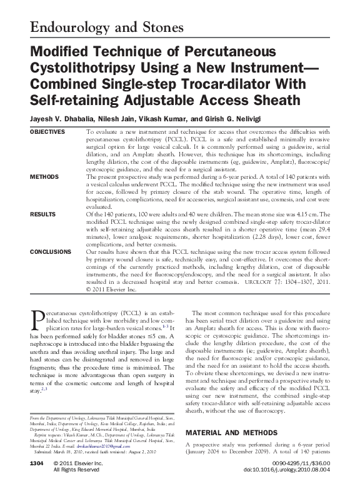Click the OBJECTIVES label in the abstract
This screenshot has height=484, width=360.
[x=47, y=133]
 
